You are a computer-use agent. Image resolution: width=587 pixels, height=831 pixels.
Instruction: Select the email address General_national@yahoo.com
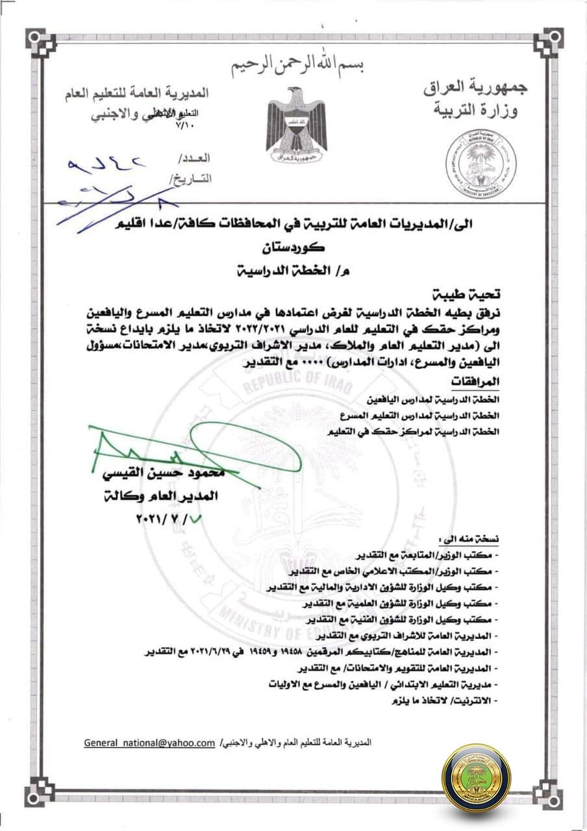click(x=149, y=742)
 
